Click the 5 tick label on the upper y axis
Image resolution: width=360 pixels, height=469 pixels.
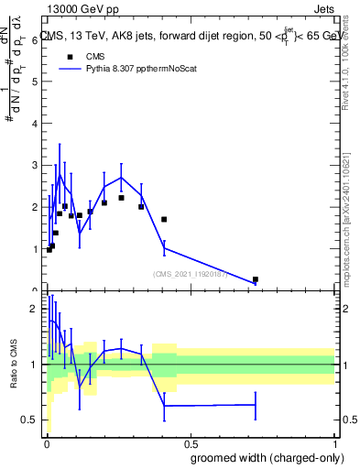click(x=34, y=82)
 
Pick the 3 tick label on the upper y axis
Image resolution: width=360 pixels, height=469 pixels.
click(x=34, y=165)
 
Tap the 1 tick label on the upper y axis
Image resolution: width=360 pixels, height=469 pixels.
click(x=34, y=249)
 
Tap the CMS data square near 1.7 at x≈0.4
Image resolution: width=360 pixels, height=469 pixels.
click(x=164, y=220)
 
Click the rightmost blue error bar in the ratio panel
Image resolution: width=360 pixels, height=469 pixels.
click(x=255, y=405)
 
